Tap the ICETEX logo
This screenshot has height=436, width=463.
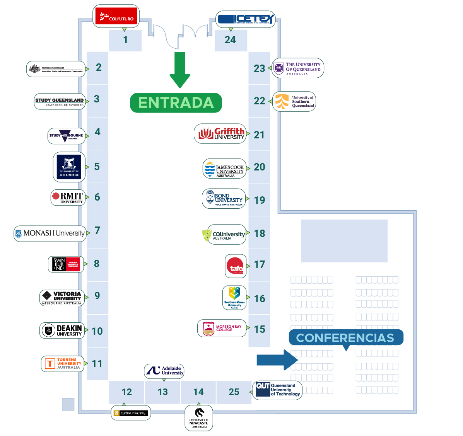246,19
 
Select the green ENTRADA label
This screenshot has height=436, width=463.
176,103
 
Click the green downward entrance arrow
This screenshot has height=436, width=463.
180,70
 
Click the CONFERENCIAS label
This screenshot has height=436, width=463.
345,338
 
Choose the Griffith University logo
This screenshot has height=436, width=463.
220,134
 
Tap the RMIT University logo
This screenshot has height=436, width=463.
68,198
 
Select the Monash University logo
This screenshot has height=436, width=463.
50,233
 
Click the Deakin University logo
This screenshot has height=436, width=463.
62,330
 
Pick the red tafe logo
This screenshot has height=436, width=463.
236,266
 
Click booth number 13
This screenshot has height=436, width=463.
163,392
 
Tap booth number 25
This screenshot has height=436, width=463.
234,392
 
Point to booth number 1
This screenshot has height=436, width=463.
125,40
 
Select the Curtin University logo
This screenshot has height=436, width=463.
130,413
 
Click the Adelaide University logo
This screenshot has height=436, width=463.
164,371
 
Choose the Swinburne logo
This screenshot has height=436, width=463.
66,264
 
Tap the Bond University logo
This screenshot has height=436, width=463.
224,199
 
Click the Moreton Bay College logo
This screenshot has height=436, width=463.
222,329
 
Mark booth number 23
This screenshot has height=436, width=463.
259,68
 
